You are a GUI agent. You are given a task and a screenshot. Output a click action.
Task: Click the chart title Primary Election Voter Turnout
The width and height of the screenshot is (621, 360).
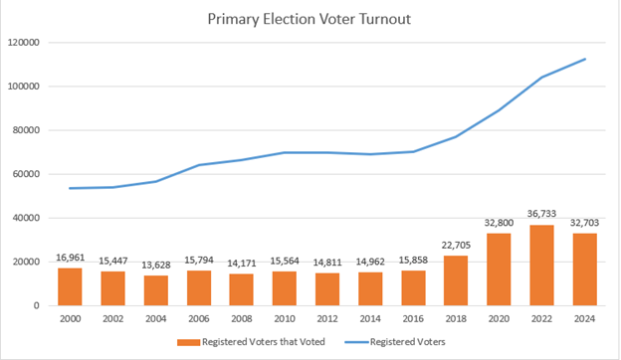coord(310,19)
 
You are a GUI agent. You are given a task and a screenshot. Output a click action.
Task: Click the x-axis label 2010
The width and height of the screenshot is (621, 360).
coord(284,319)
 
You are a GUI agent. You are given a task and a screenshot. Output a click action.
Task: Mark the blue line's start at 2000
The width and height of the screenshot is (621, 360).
coord(70,188)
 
